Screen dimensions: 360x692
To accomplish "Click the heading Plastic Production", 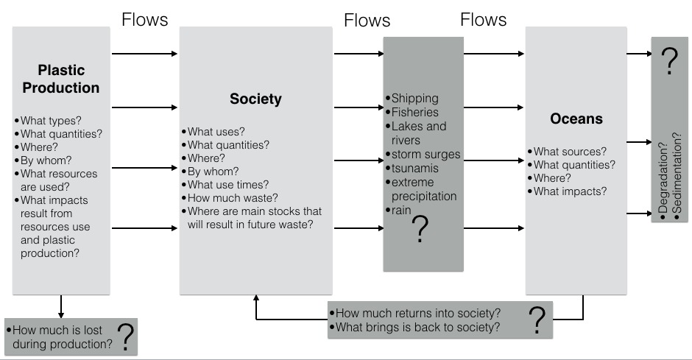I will click(x=61, y=80).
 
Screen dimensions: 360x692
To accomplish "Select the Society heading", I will click(x=255, y=99).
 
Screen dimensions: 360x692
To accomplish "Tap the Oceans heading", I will click(x=576, y=119).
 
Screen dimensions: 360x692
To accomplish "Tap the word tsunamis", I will click(x=417, y=168).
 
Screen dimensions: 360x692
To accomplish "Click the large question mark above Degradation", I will click(x=669, y=64).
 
